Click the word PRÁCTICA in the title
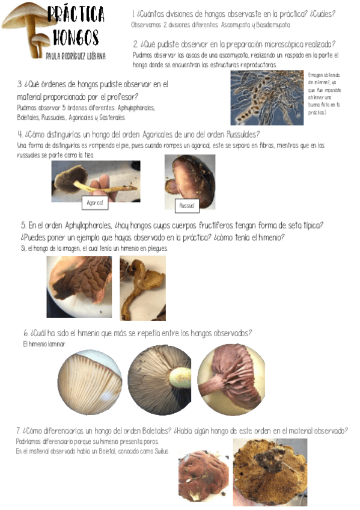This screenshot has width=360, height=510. [x=76, y=14]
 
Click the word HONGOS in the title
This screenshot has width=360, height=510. [x=75, y=37]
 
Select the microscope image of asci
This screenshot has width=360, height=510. [x=267, y=98]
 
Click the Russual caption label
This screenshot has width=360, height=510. [x=186, y=206]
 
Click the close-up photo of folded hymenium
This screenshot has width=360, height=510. [x=79, y=286]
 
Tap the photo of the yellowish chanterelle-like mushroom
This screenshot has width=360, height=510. [x=142, y=287]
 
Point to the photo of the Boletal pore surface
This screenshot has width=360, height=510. [x=270, y=472]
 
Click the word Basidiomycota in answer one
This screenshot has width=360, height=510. [x=270, y=25]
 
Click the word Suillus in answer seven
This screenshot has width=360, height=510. [x=159, y=451]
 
